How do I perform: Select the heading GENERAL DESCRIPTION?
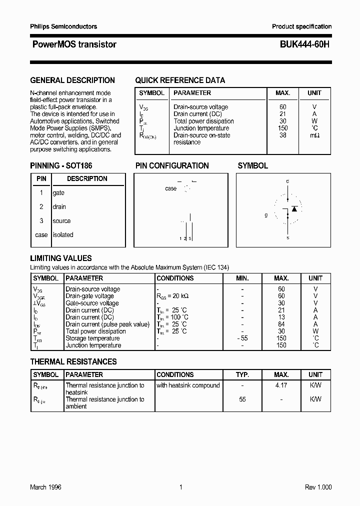tap(72, 80)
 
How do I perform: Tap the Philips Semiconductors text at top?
tap(63, 26)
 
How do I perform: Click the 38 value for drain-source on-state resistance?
tap(283, 135)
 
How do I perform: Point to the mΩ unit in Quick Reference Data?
tap(314, 135)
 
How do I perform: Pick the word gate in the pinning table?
tap(58, 193)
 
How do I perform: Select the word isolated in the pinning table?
tap(63, 235)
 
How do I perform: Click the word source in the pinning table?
tap(61, 221)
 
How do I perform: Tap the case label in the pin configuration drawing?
tap(170, 188)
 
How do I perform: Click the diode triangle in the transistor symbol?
tap(294, 208)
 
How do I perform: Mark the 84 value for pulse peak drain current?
tap(281, 324)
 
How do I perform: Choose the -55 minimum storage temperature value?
tap(242, 338)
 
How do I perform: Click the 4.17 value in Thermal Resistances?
tap(281, 385)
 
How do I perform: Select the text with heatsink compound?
tap(188, 385)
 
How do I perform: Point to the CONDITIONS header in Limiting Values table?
tap(175, 278)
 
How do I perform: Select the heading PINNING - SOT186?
tap(61, 165)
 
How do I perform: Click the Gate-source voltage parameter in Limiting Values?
tap(92, 303)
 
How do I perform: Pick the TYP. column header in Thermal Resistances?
tap(242, 374)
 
